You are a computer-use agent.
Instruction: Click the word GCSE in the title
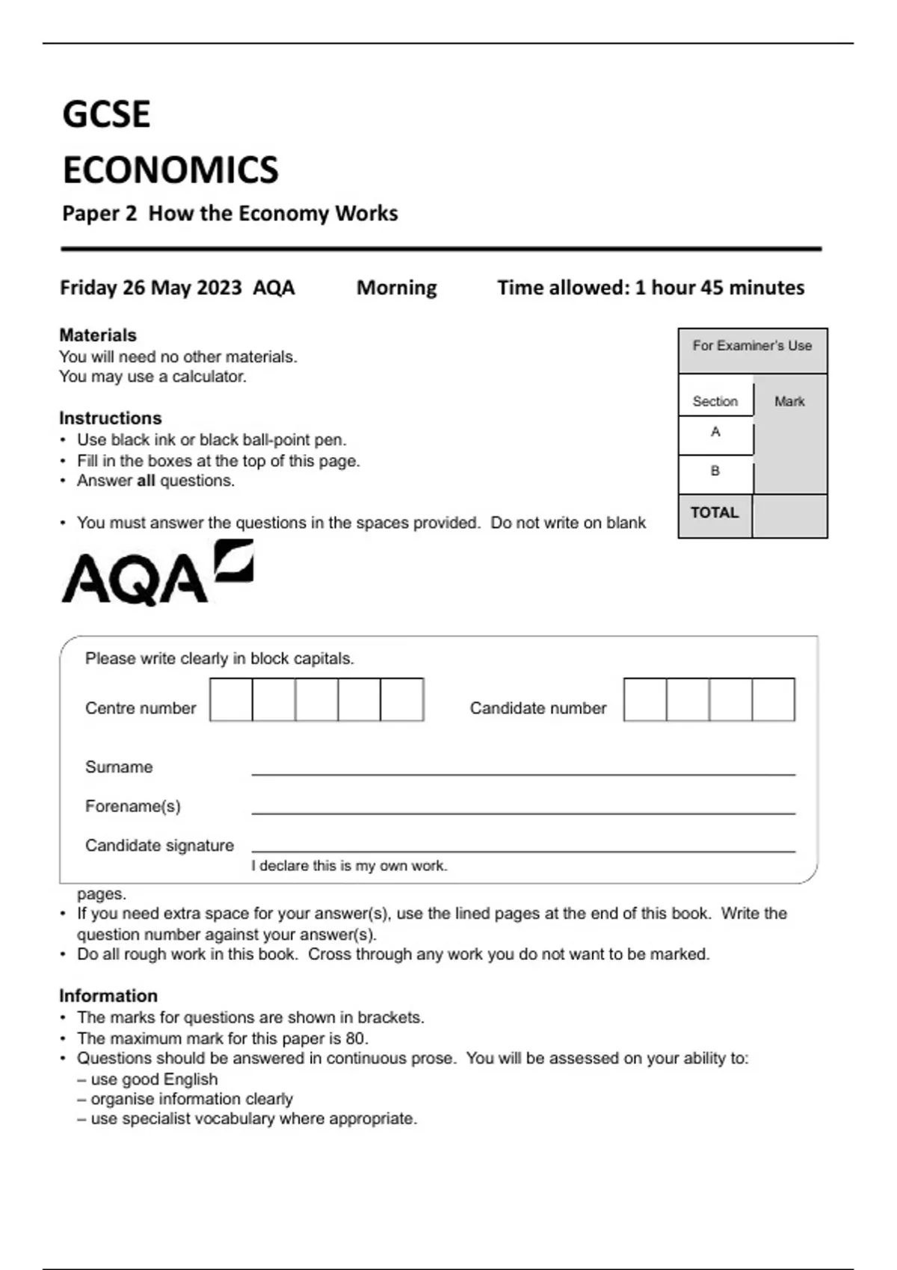(x=106, y=114)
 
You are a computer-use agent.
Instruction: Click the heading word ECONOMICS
(x=170, y=170)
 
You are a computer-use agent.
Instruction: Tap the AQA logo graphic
(x=157, y=574)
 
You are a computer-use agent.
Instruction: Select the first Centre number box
(x=231, y=699)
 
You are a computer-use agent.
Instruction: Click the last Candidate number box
(x=773, y=699)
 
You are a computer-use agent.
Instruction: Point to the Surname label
(x=119, y=767)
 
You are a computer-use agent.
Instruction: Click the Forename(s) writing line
(x=523, y=811)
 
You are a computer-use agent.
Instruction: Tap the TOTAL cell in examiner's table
(x=715, y=513)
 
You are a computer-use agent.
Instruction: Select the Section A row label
(x=715, y=432)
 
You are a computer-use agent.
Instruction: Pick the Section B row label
(x=715, y=471)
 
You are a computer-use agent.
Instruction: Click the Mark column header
(x=789, y=402)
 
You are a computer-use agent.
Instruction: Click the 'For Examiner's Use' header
(x=752, y=346)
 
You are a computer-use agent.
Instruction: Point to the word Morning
(x=396, y=288)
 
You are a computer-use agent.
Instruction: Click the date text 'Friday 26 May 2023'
(x=151, y=288)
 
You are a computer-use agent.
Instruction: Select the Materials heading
(x=98, y=335)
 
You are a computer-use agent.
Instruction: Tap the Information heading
(x=108, y=996)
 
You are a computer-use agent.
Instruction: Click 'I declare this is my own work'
(x=349, y=866)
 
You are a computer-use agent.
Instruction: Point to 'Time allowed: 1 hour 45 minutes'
(x=651, y=288)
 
